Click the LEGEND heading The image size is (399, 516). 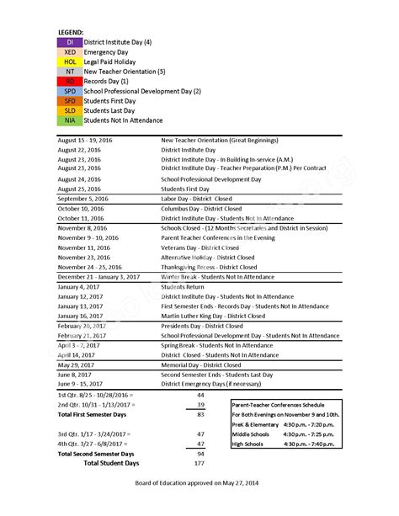(x=71, y=31)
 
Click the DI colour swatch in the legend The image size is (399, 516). (x=70, y=41)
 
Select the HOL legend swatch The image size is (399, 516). (x=70, y=61)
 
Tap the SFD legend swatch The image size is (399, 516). (x=70, y=101)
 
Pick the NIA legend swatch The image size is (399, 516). (x=70, y=120)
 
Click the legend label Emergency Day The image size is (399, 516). (x=105, y=51)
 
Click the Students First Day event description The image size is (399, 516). (x=186, y=189)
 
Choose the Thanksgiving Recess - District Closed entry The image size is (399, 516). (x=210, y=267)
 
